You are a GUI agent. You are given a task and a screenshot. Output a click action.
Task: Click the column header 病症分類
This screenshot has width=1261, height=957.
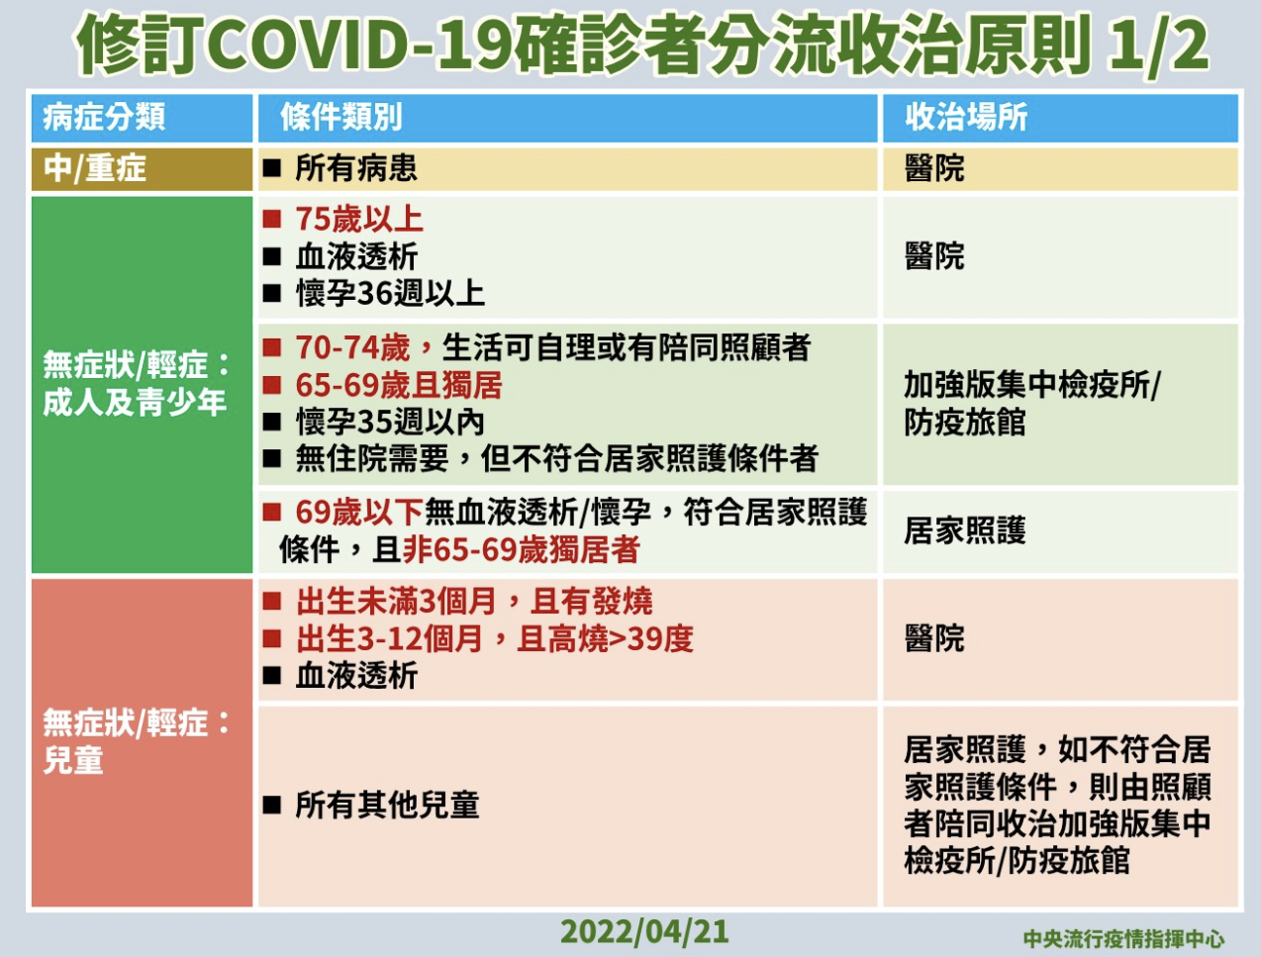coord(104,117)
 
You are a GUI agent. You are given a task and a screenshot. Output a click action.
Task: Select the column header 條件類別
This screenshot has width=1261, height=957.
coord(341,117)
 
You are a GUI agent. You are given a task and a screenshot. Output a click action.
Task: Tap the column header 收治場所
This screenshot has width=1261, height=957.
coord(966,117)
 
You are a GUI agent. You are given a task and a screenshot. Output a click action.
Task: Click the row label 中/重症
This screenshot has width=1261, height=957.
coord(95,169)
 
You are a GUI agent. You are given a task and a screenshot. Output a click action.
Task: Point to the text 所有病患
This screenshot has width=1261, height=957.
coord(356,169)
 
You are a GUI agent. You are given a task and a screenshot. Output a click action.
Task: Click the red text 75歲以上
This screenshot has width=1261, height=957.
coord(359,220)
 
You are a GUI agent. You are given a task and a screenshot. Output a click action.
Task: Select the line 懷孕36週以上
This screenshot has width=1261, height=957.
coord(390,294)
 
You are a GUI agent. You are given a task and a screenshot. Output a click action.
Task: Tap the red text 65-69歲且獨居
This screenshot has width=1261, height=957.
coord(399,385)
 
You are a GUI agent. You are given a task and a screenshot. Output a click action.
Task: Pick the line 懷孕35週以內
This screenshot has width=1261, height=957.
coord(390,423)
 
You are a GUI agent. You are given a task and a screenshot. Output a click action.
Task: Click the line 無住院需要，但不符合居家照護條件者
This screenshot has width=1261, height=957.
coord(556,459)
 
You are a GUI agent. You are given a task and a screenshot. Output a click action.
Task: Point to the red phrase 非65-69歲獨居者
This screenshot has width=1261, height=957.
coord(521,549)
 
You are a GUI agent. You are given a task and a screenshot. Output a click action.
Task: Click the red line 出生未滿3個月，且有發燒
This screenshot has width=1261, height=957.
coord(474,602)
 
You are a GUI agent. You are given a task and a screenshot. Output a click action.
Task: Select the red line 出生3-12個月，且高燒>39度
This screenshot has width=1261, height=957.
coord(494,638)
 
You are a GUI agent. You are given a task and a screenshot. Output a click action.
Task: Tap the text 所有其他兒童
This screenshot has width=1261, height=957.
coord(387,805)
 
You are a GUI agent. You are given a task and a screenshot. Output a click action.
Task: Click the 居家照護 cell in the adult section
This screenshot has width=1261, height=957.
coord(965,530)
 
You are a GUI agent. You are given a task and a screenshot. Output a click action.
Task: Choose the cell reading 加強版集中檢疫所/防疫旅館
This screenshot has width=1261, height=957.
coord(1032,404)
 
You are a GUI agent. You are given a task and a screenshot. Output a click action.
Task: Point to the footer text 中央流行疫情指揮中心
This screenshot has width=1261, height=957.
coord(1123,939)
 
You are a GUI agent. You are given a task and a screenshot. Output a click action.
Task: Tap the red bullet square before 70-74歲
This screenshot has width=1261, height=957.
coord(272,347)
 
